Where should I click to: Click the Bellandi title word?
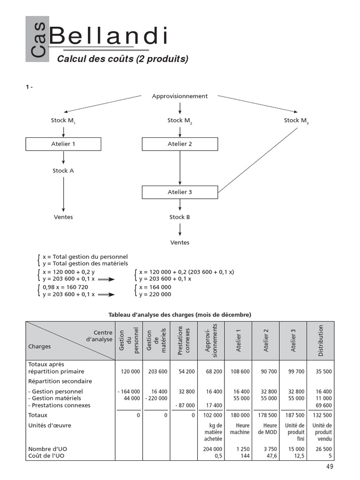(108, 37)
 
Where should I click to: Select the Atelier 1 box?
(63, 144)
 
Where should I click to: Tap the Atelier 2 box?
(180, 144)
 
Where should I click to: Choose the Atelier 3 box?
(180, 192)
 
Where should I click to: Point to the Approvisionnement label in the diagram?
(180, 96)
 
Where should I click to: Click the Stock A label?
(63, 171)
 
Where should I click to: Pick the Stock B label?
(180, 217)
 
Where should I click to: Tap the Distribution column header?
(321, 341)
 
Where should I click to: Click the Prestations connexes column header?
(184, 341)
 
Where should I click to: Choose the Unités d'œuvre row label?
(50, 425)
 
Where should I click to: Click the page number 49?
(330, 466)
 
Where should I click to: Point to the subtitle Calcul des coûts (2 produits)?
(122, 59)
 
